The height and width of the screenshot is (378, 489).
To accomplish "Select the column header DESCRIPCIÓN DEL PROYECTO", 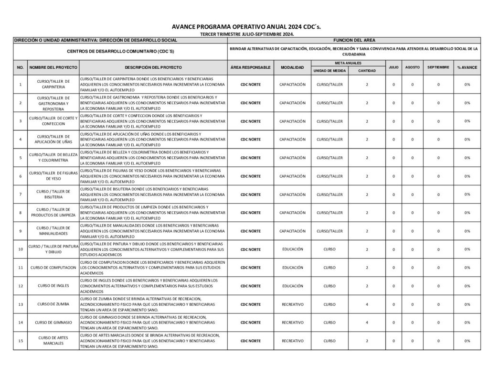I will pos(153,67).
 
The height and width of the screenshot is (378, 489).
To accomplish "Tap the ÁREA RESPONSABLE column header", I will pos(250,67).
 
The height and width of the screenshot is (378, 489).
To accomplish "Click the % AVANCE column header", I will pos(467,67).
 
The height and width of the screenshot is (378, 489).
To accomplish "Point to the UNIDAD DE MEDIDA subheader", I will pos(330,71).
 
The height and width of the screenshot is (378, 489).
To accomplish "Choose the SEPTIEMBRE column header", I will pos(438,67).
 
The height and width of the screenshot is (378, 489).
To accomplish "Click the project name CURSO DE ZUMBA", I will pos(53,304).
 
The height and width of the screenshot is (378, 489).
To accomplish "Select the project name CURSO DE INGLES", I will pos(53,286).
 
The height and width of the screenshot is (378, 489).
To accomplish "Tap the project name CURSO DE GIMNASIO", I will pos(53,323).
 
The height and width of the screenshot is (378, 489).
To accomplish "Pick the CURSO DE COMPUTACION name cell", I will pos(53,268).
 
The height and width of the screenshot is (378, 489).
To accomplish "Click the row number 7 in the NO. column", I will pos(20,194).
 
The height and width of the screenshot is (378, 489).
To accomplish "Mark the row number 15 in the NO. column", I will pos(20,341).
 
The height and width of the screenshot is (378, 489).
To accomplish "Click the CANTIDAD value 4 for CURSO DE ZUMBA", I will pos(367,304).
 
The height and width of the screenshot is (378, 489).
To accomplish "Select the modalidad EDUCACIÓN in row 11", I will pos(292,268).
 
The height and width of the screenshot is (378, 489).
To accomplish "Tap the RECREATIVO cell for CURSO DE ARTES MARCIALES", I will pos(292,341).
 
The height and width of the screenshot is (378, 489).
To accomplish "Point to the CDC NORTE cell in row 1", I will pos(250,85).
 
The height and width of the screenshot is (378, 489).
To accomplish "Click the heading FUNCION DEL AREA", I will pos(353,41).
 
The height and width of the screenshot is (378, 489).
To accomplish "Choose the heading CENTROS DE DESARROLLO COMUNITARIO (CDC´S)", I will pos(120,51).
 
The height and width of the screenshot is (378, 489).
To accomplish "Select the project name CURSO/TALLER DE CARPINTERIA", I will pos(53,85).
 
